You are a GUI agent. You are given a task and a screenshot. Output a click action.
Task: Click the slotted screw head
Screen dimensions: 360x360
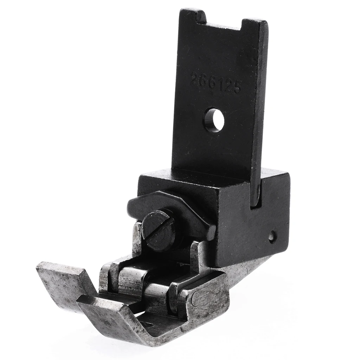tap(159, 231)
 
